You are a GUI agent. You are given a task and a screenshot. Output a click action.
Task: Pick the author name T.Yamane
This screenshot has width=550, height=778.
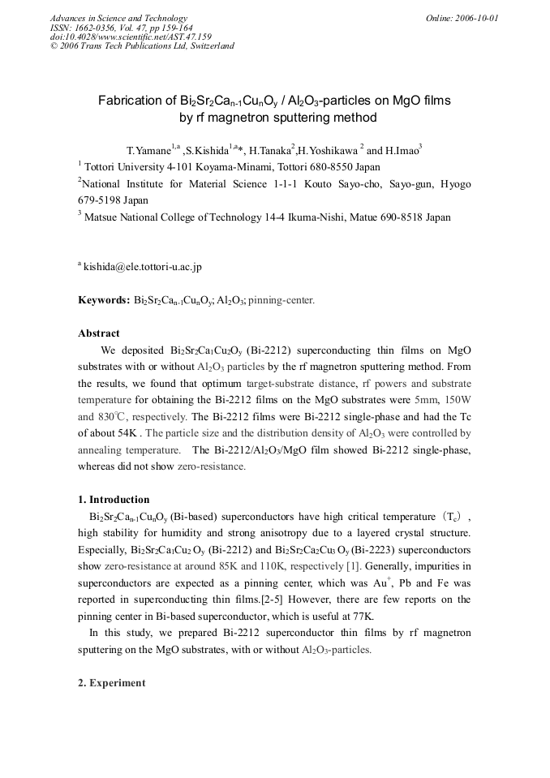[x=148, y=151]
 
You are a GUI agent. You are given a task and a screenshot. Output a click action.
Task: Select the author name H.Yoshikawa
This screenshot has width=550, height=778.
[x=327, y=151]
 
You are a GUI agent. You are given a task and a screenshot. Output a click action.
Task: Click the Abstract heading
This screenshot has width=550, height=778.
[x=98, y=333]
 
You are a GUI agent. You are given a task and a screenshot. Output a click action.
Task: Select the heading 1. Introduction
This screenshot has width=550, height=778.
[x=114, y=500]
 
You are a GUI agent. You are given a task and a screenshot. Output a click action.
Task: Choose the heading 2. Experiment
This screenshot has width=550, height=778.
[x=111, y=683]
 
